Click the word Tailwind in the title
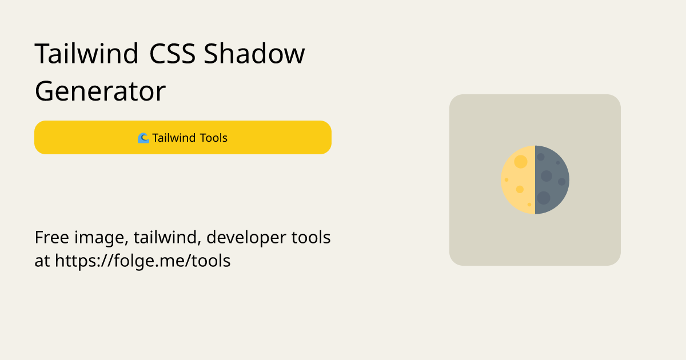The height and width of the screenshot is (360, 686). (x=87, y=53)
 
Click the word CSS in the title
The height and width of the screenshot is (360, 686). (x=173, y=54)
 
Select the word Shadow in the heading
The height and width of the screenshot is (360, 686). (x=254, y=53)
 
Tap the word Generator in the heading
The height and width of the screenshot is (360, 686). (x=100, y=91)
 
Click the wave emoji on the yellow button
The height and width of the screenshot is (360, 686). (x=143, y=138)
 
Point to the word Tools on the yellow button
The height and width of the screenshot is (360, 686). (x=213, y=138)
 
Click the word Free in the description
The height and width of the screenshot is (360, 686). (x=52, y=237)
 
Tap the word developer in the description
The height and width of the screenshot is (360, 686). (x=246, y=238)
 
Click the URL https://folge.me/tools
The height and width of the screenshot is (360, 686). (x=143, y=261)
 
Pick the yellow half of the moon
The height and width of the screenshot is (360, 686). (x=518, y=180)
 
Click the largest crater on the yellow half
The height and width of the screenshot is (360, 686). (x=521, y=162)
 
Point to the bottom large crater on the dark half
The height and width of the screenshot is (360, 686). (x=544, y=198)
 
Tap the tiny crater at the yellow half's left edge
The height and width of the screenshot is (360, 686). (x=506, y=180)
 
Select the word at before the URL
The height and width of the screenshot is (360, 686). (x=42, y=262)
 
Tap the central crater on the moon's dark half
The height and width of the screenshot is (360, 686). (x=547, y=176)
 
